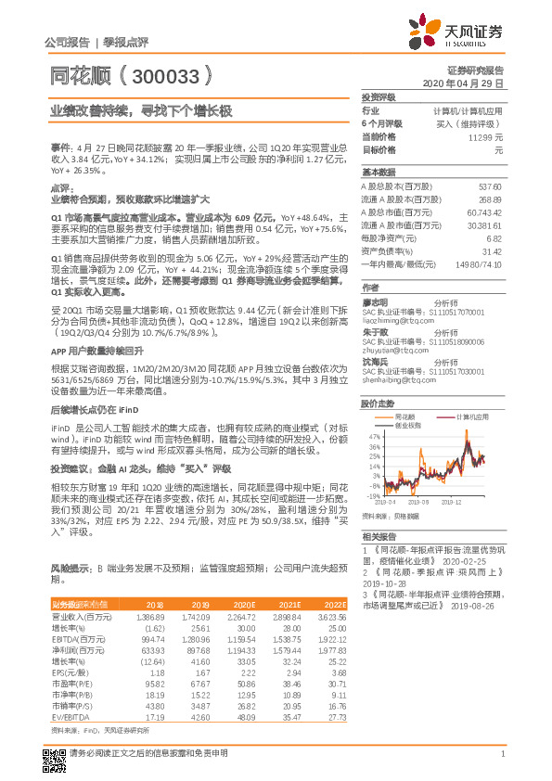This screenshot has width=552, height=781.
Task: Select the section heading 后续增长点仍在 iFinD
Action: point(96,433)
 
